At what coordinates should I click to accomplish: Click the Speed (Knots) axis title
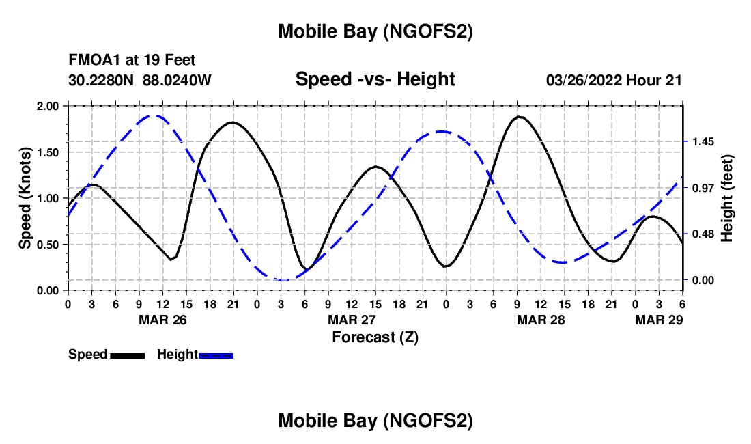pos(25,198)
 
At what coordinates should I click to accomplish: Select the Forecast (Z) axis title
pos(375,337)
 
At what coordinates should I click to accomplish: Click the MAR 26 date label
pos(162,320)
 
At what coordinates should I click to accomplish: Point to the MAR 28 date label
pos(541,320)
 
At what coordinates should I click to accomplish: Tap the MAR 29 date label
pos(659,320)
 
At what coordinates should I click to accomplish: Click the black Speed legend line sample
pos(127,355)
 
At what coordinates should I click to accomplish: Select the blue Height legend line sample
pos(216,355)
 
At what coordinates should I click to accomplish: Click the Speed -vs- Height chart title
pos(375,80)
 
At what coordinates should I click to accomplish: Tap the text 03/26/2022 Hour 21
pos(614,81)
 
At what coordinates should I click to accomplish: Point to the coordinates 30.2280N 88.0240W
pos(140,81)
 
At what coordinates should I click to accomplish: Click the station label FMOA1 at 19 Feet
pos(132,61)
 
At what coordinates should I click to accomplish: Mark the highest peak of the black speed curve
pos(520,117)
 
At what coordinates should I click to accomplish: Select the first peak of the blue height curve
pos(155,115)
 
